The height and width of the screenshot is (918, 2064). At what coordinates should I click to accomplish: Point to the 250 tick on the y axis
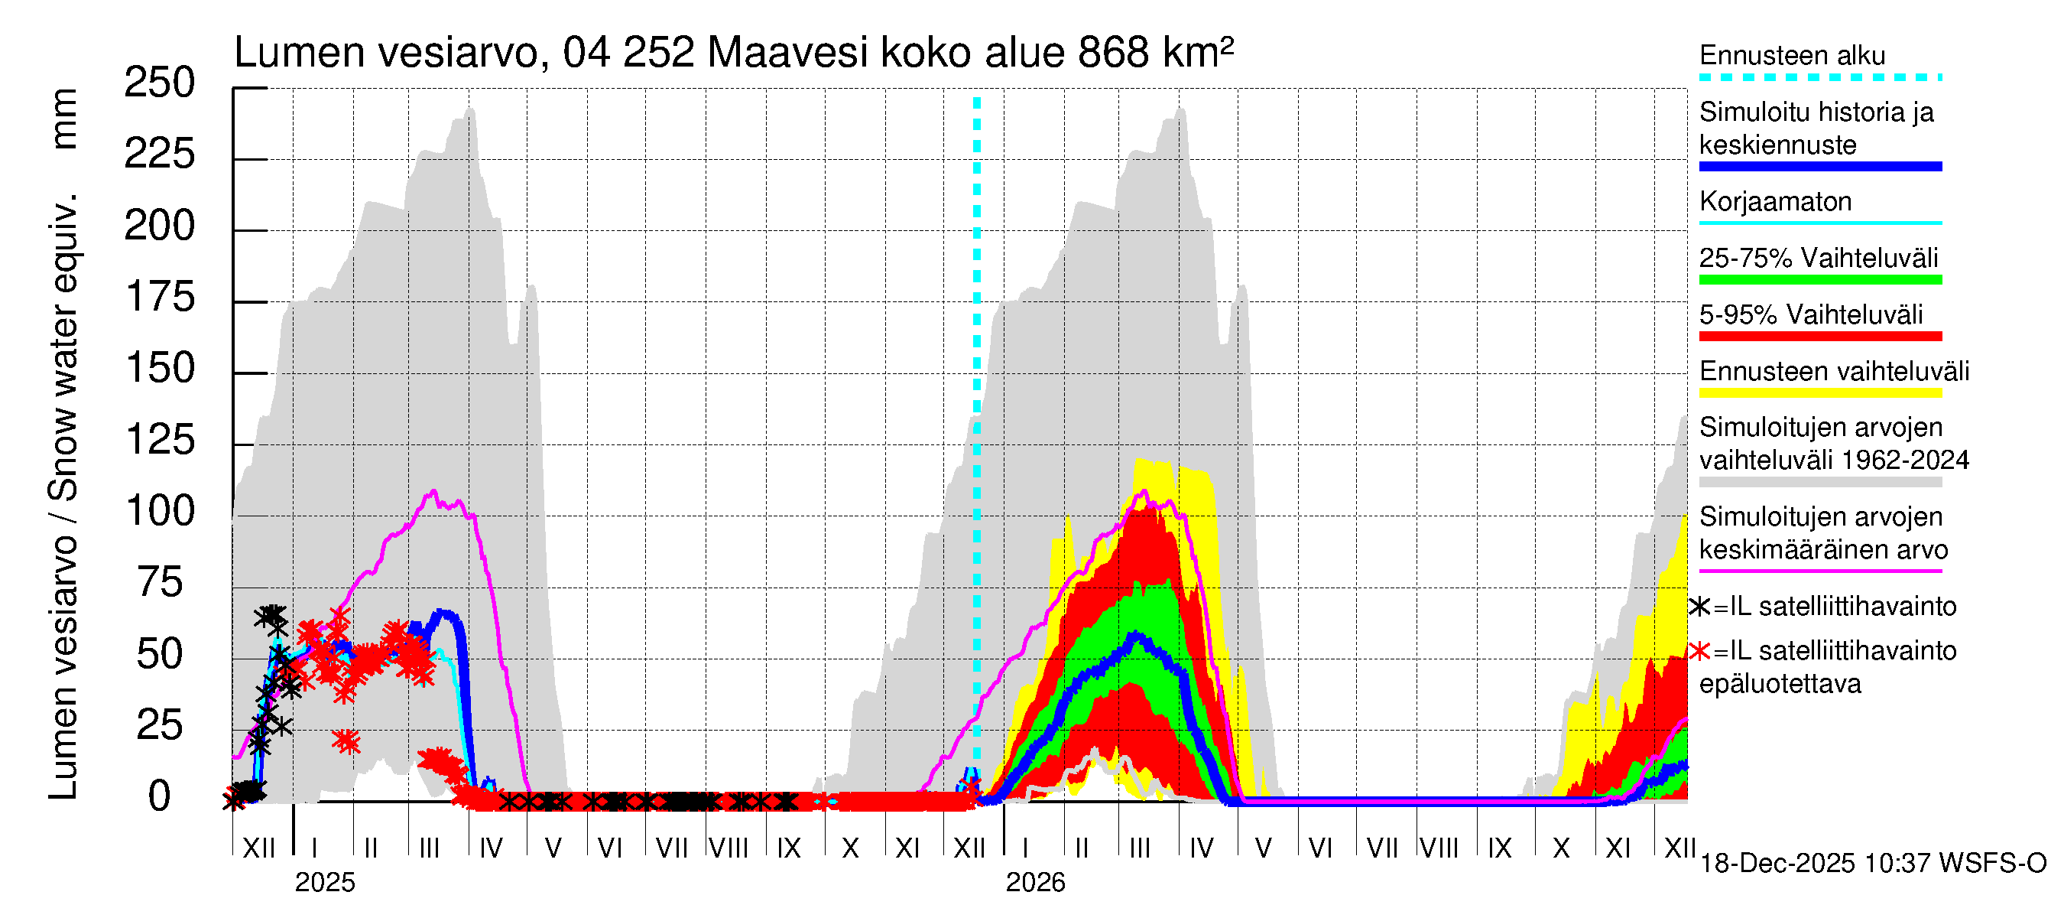[x=160, y=83]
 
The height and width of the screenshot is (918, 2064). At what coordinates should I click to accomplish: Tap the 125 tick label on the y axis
[x=160, y=440]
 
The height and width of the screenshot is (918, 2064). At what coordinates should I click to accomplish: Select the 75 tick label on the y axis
[x=160, y=583]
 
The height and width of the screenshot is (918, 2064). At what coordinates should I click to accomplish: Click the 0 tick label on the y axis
[x=160, y=797]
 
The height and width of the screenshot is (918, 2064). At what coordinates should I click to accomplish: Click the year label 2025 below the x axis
[x=324, y=883]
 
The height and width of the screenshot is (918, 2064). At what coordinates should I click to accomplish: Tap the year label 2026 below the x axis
[x=1035, y=883]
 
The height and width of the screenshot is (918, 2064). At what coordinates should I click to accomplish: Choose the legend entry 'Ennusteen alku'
[x=1792, y=55]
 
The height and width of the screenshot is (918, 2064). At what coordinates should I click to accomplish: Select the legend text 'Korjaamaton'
[x=1775, y=201]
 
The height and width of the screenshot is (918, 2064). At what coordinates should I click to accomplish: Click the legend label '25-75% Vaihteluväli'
[x=1818, y=258]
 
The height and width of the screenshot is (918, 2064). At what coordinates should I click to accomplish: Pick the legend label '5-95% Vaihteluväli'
[x=1810, y=314]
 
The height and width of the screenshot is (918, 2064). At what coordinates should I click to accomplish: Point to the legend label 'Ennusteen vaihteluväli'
[x=1834, y=371]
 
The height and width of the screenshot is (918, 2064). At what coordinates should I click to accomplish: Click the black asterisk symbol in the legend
[x=1699, y=607]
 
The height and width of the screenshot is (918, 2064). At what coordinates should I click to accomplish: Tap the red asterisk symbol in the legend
[x=1699, y=651]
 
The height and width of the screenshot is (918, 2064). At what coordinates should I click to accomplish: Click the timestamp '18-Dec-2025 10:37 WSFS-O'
[x=1872, y=864]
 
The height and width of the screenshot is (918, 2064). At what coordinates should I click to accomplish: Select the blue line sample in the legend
[x=1819, y=167]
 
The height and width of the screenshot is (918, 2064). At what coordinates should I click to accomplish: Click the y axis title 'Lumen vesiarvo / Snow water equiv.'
[x=63, y=497]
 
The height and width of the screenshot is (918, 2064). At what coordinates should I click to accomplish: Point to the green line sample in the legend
[x=1819, y=280]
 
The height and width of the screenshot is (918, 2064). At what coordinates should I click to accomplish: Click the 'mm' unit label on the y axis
[x=63, y=119]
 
